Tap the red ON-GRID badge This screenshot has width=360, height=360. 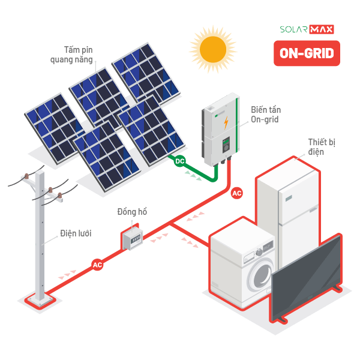pos(307,54)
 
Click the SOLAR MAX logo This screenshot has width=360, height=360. pos(307,29)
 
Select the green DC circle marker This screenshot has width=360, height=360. pos(179,161)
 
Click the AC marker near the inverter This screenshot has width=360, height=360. pos(237,193)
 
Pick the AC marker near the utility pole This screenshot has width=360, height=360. pos(97,264)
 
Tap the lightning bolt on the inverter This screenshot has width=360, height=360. pos(226,123)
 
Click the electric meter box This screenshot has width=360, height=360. pos(131,238)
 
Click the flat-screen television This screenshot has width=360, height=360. pos(306,279)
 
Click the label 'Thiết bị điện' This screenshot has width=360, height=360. pos(320,146)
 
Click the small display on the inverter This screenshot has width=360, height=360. pos(227,145)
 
